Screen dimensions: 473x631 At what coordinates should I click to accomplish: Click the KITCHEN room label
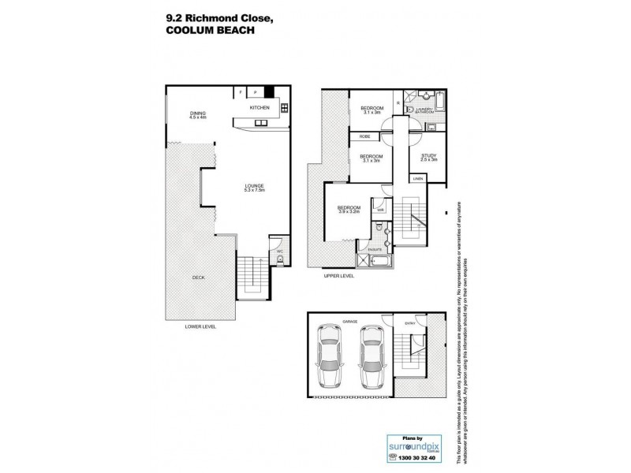point(260,106)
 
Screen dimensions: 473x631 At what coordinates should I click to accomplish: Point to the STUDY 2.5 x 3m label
point(428,158)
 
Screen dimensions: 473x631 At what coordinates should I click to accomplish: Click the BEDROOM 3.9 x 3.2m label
point(349,210)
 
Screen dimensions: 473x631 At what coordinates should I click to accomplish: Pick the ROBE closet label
point(365,137)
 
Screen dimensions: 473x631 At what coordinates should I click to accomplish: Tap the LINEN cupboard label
point(417,179)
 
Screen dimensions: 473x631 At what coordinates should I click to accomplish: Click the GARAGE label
point(350,322)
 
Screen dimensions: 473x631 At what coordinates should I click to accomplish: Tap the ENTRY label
point(410,322)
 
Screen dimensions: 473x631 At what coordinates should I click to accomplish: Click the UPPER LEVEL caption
point(339,276)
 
